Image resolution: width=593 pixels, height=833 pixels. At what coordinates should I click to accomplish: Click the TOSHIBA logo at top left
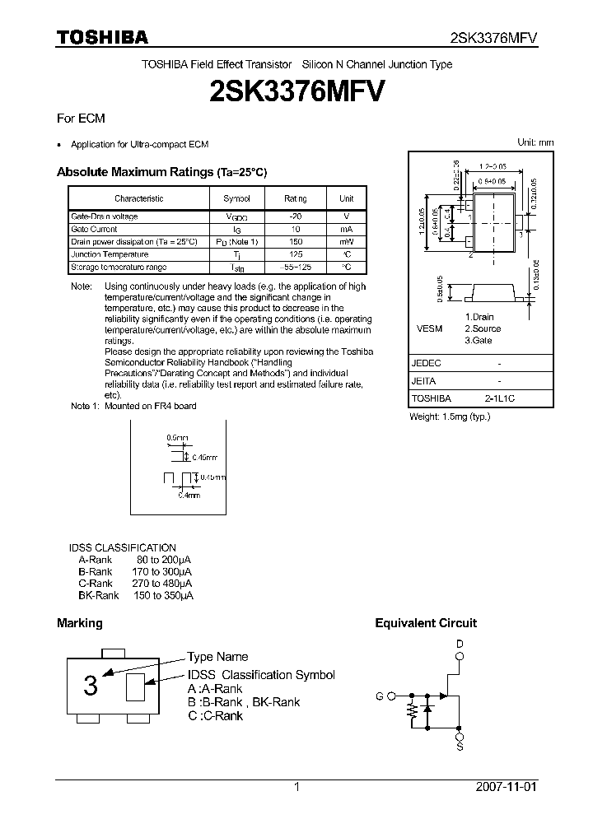pos(102,38)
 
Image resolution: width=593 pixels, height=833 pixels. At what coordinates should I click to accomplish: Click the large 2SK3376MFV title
pos(296,90)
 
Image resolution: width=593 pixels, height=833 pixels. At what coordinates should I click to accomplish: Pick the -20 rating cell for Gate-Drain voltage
pos(296,216)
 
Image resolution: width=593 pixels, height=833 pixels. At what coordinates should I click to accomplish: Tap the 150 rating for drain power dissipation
pos(296,242)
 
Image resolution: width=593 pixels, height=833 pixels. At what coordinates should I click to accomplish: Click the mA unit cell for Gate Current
pos(347,229)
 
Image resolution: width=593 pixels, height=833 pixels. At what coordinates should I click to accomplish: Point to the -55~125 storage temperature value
pos(296,268)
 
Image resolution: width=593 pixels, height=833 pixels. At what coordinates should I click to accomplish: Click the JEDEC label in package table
pos(426,363)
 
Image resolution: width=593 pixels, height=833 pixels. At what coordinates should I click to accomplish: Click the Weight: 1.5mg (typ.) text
pos(450,416)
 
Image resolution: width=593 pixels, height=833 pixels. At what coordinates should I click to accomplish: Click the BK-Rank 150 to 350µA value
pos(162,595)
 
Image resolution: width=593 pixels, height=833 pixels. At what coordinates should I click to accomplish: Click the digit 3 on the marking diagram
pos(91,685)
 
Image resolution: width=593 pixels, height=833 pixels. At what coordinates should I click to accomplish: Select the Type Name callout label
pos(217,657)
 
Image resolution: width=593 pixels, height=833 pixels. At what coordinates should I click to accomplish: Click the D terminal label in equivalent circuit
pos(460,643)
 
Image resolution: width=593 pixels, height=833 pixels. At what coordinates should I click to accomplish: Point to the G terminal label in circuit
pos(380,696)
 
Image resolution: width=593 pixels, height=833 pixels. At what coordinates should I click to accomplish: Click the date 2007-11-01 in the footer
pos(506,787)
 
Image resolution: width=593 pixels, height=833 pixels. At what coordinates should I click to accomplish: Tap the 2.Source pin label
pos(483,328)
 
